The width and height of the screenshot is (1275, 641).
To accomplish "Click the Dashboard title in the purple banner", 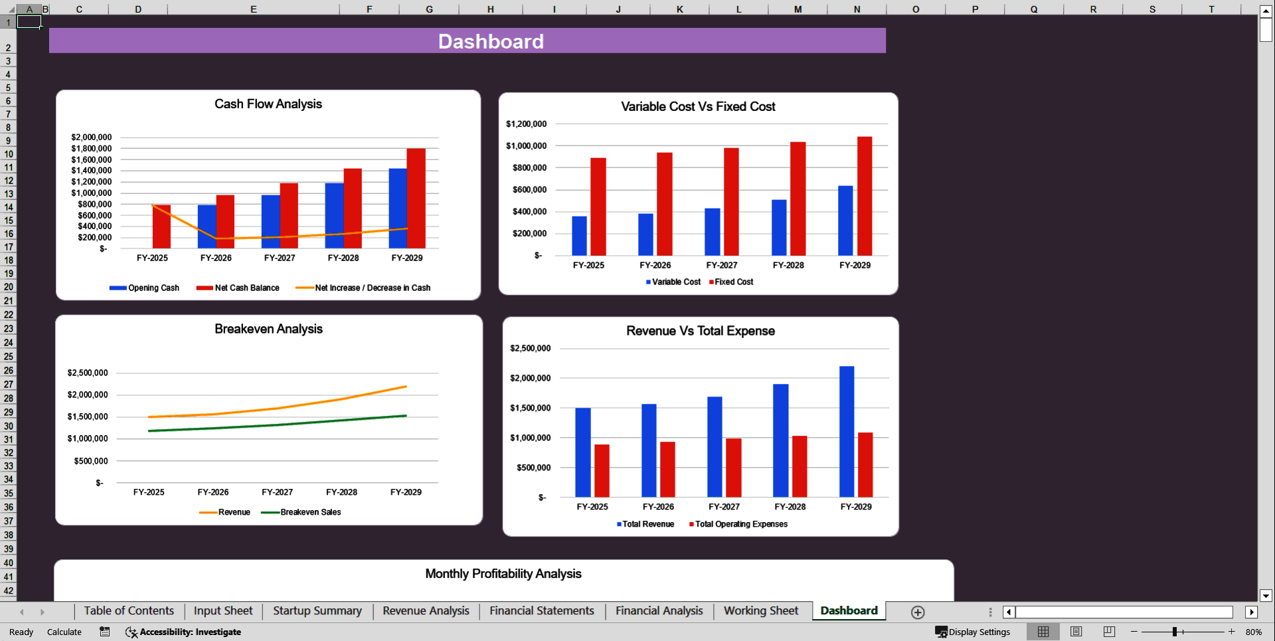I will [491, 41].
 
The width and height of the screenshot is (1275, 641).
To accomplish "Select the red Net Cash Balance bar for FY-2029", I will [416, 198].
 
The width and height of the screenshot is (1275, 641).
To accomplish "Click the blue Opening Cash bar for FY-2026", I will [207, 226].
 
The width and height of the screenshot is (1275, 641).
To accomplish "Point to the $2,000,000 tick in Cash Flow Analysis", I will [92, 137].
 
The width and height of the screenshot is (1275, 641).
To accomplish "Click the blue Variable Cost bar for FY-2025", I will [579, 236].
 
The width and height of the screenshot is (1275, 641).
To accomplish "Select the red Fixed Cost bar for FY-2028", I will [798, 199].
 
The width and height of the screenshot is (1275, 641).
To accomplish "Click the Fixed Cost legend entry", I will [733, 282].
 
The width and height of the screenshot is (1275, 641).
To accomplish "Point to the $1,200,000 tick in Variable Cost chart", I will [526, 124].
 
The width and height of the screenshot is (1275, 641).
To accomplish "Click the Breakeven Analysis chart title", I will [268, 329].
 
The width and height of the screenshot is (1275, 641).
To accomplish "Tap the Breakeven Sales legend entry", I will [310, 512].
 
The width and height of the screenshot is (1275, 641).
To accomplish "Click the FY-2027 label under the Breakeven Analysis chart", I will [277, 492].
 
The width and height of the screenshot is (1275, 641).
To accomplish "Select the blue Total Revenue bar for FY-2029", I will [847, 431].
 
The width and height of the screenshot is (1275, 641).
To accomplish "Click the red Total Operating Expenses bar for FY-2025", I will [602, 470].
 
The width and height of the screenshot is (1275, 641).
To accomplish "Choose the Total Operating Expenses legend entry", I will [740, 524].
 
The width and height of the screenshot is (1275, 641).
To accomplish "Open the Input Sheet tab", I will [223, 610].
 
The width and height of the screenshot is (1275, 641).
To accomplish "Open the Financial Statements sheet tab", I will [541, 610].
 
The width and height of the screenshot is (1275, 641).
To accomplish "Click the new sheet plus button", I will [918, 612].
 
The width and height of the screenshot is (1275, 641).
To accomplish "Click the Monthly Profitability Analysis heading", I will [503, 573].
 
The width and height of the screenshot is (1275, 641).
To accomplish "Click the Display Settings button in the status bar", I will [973, 632].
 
